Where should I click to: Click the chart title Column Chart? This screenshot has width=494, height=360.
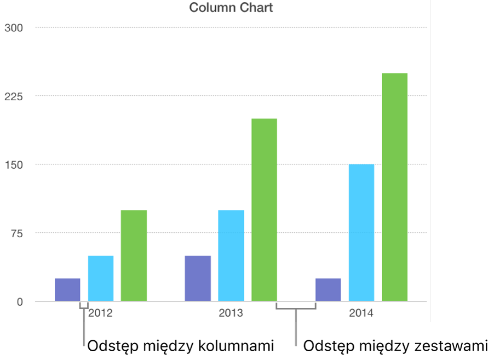click(231, 8)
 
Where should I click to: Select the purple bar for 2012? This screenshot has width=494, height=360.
click(67, 290)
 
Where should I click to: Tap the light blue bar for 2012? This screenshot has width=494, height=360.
click(101, 278)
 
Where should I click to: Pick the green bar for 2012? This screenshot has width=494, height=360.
click(134, 255)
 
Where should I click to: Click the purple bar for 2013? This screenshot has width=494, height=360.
click(198, 278)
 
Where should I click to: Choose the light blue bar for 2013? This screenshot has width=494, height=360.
click(231, 255)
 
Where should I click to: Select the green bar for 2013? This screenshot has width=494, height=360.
click(264, 210)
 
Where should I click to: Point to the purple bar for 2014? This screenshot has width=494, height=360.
click(328, 290)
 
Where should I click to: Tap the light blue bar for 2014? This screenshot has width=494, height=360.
click(361, 233)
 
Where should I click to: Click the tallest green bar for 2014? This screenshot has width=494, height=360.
click(395, 187)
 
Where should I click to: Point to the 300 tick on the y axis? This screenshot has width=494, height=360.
click(13, 28)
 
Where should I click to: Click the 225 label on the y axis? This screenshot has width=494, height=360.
click(13, 96)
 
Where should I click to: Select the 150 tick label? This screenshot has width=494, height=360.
click(13, 165)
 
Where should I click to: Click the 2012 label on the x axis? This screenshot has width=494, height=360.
click(100, 314)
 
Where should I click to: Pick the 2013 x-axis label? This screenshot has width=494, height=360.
click(231, 314)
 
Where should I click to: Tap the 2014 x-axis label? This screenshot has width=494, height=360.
click(361, 314)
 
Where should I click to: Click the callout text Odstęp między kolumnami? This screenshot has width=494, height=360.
click(180, 346)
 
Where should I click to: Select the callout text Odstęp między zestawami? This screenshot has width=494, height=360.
click(395, 346)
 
